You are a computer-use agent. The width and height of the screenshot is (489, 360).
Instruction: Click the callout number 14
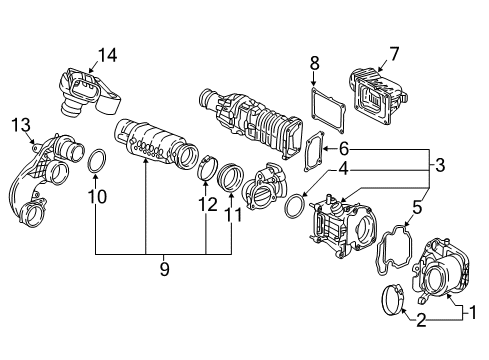coord(106,55)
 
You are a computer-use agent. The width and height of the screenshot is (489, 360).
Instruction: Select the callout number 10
coord(97,197)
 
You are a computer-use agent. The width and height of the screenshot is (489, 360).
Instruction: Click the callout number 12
coord(207,205)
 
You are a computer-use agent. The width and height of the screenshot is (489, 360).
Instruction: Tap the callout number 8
coord(314,63)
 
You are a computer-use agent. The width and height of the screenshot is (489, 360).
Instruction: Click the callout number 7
coord(394,54)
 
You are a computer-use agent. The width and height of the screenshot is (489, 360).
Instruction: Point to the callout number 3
coord(440,164)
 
